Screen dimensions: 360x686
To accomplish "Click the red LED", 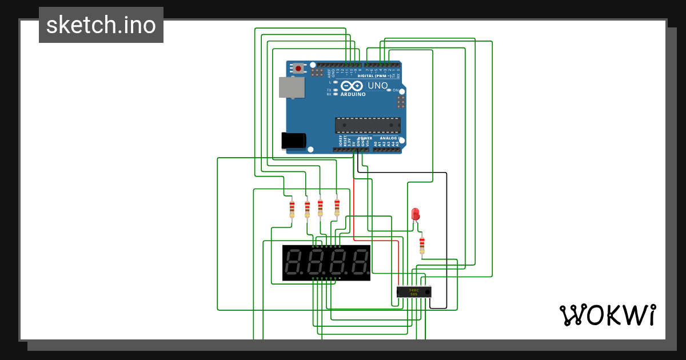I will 416,214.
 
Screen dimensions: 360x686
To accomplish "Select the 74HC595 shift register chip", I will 414,291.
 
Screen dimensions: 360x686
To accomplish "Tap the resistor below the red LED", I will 422,245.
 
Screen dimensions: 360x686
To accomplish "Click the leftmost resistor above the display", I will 292,209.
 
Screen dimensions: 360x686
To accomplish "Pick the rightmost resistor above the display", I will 337,206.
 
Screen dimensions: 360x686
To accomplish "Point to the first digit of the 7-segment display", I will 294,263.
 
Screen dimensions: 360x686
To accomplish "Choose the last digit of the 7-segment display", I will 359,263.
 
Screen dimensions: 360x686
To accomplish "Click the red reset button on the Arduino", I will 298,69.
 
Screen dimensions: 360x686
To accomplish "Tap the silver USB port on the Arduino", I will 292,87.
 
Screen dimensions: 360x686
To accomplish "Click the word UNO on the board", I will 377,86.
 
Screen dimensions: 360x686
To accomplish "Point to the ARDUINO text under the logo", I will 353,94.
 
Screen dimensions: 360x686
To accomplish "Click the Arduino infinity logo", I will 352,86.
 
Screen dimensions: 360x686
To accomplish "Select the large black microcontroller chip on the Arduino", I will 368,125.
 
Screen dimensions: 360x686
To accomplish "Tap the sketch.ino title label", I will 101,25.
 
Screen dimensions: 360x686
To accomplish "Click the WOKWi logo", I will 607,315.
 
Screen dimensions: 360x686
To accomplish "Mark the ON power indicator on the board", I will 395,90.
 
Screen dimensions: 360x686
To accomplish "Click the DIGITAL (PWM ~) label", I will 374,76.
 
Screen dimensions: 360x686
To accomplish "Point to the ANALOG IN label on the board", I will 389,138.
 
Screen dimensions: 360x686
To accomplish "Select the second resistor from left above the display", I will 307,209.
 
